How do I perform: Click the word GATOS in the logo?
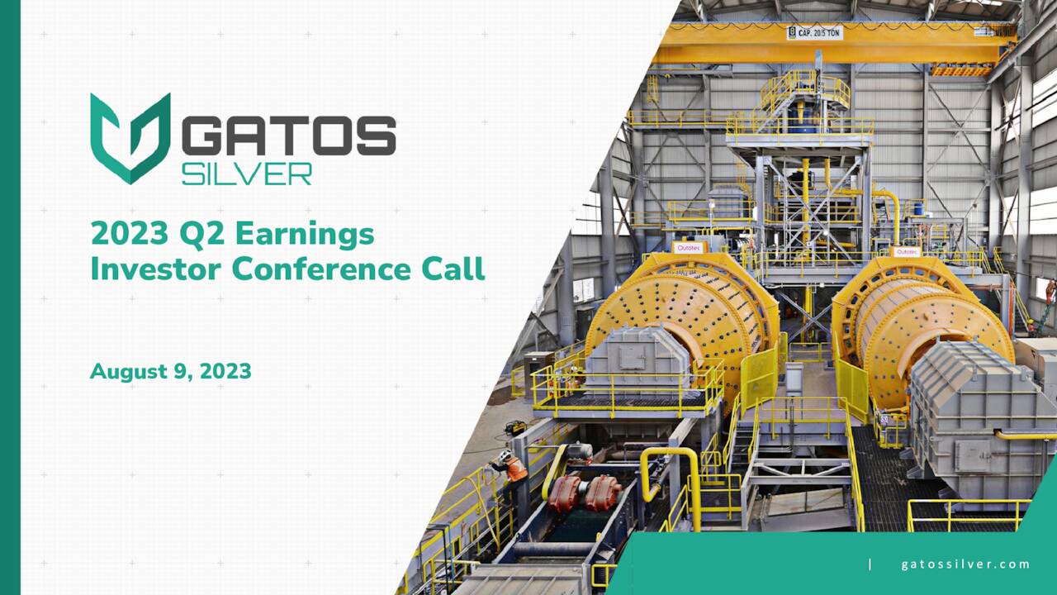coord(288,136)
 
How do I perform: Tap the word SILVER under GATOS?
coord(247,173)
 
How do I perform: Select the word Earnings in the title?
coord(305,236)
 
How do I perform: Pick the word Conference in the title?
coord(321,269)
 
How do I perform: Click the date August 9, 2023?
coord(170,372)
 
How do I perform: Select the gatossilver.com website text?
coord(965,564)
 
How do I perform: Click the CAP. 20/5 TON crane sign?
coord(814,33)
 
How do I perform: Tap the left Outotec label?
coord(688,247)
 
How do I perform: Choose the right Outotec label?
coord(905,251)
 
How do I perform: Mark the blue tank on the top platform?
coord(800,112)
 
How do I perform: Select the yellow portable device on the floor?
coord(517,426)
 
